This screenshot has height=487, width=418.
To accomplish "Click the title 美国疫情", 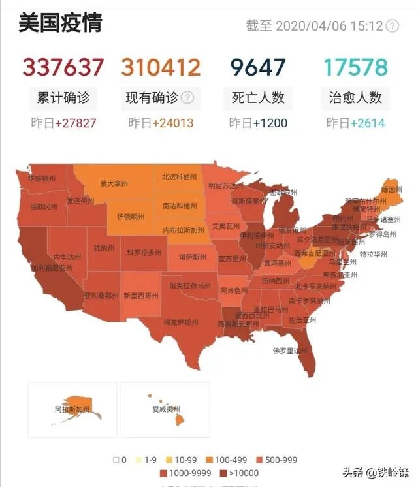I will pyautogui.click(x=60, y=24).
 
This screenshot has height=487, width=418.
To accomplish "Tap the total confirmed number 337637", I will pyautogui.click(x=63, y=67).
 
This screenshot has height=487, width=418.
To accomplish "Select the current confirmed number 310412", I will pyautogui.click(x=161, y=67).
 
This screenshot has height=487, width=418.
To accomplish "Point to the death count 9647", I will pyautogui.click(x=258, y=67).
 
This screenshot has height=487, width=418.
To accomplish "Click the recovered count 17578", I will pyautogui.click(x=355, y=67).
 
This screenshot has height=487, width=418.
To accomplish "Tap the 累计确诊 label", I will pyautogui.click(x=63, y=99).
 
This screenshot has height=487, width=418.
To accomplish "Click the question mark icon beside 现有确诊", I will pyautogui.click(x=187, y=98).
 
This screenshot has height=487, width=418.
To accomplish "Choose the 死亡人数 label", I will pyautogui.click(x=258, y=99).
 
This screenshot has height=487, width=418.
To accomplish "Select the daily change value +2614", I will pyautogui.click(x=367, y=123).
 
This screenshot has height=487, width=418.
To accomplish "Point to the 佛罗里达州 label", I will pyautogui.click(x=290, y=351).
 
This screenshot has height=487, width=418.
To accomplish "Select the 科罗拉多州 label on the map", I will pyautogui.click(x=144, y=252).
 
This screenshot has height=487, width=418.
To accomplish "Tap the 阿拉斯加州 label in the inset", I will pyautogui.click(x=72, y=410).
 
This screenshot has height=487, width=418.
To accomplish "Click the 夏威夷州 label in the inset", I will pyautogui.click(x=161, y=410).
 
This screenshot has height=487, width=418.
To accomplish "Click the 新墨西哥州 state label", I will pyautogui.click(x=140, y=296).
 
